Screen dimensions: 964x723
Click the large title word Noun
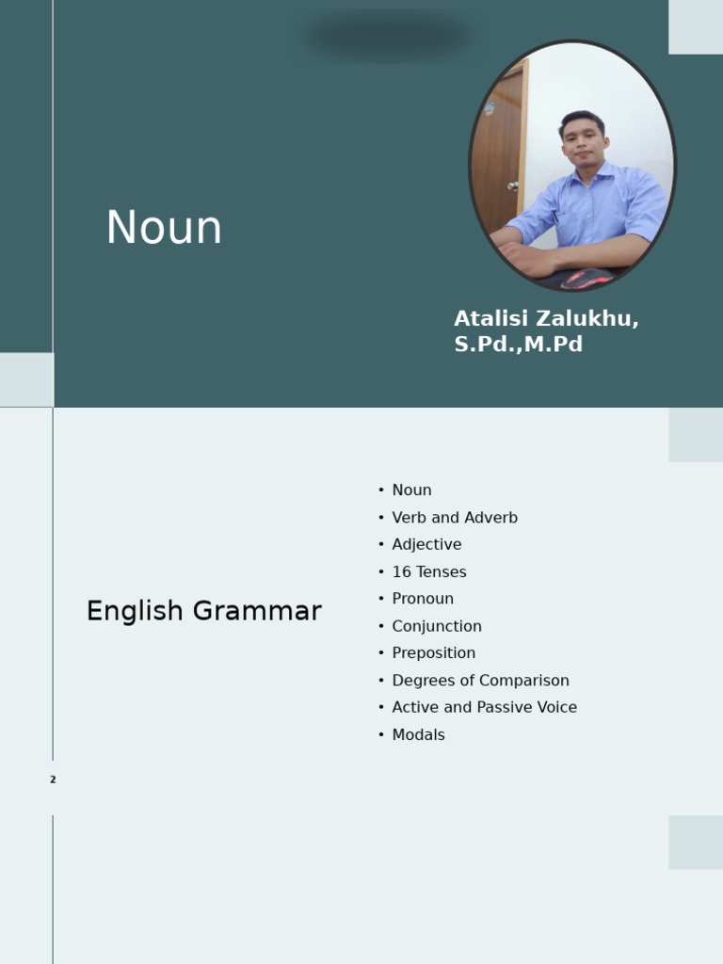point(164,228)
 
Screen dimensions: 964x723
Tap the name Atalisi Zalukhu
point(546,318)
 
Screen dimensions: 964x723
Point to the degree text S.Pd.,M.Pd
point(518,345)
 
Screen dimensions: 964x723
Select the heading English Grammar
point(203,611)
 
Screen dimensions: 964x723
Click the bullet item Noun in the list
point(411,490)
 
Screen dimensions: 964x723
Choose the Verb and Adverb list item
point(455,518)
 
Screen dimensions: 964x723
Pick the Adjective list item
point(426,544)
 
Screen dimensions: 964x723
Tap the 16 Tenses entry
point(429,571)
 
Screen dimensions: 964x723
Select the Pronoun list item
point(423,599)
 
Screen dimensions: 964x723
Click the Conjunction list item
point(437,626)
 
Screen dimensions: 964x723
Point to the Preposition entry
point(433,653)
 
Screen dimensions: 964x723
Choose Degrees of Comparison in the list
point(480,681)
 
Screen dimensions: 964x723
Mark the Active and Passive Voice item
point(484,707)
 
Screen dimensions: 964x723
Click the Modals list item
point(418,734)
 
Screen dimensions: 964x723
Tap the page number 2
point(53,779)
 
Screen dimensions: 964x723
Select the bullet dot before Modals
point(381,734)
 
